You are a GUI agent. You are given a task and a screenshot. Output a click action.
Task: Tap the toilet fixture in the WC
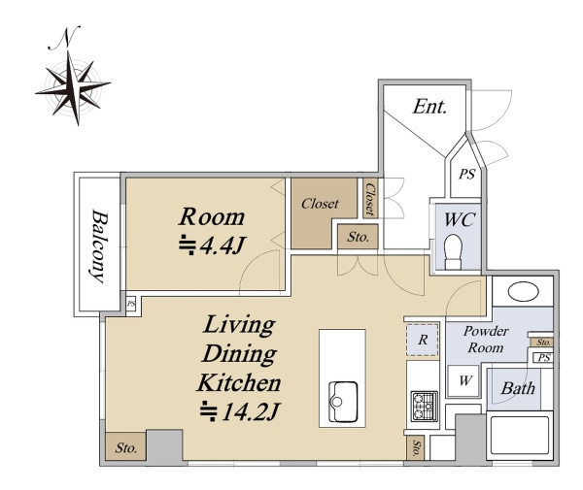[x=453, y=251]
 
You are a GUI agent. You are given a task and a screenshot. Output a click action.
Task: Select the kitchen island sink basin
[x=343, y=402]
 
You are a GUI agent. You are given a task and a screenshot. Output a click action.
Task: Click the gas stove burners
[x=424, y=406]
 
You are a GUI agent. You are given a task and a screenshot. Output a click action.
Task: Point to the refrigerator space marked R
[x=423, y=340]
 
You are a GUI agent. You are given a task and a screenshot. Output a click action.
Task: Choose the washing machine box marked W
[x=463, y=380]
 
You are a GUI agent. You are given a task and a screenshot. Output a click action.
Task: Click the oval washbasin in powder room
[x=523, y=291]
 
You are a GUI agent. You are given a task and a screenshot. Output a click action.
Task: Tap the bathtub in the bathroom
[x=520, y=436]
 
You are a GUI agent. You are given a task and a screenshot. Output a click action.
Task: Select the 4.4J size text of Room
[x=212, y=245]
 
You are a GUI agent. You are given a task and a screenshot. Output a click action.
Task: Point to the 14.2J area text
[x=239, y=411]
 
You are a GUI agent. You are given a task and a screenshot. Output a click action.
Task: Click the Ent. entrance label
[x=429, y=107]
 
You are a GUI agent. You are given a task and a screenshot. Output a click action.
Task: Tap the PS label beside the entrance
[x=466, y=174]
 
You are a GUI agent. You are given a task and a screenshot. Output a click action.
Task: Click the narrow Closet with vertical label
[x=370, y=199]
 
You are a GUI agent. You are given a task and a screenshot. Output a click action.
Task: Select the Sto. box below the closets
[x=358, y=237]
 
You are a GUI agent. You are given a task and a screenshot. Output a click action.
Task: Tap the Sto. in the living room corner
[x=125, y=446]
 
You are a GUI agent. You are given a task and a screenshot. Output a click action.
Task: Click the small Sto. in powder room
[x=543, y=342]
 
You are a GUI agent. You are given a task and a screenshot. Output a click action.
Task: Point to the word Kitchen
[x=239, y=383]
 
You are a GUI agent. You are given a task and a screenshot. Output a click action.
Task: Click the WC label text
[x=460, y=219]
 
